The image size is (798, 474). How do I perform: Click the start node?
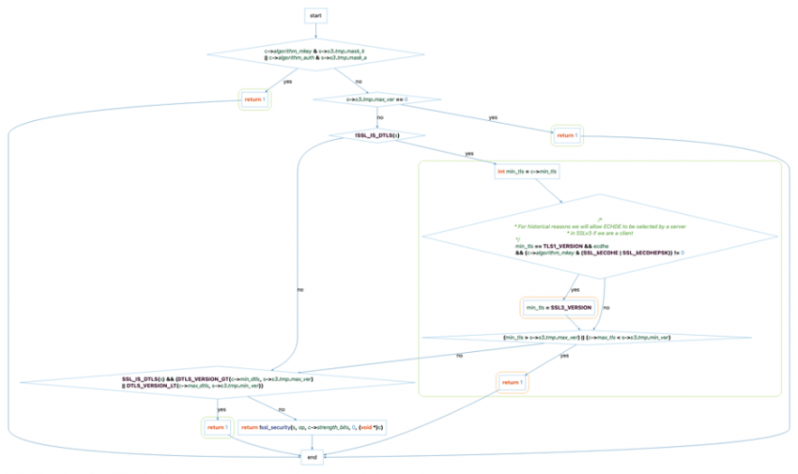[315, 16]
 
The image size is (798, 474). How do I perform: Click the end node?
[312, 457]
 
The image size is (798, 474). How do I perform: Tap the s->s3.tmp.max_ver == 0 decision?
[377, 99]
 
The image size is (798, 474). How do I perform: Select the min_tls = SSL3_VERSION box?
[559, 308]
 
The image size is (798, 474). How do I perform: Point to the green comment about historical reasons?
[601, 228]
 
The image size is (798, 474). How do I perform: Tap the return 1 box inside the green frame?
[512, 383]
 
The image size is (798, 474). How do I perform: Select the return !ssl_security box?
[313, 428]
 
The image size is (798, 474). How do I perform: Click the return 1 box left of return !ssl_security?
[218, 428]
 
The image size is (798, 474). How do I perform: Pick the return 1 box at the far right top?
[566, 135]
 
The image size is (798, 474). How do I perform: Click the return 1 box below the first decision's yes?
[254, 99]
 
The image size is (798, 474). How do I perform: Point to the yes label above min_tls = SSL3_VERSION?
[575, 289]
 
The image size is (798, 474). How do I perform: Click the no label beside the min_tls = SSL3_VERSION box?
[606, 308]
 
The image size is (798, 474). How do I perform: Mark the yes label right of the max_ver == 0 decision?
[493, 117]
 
